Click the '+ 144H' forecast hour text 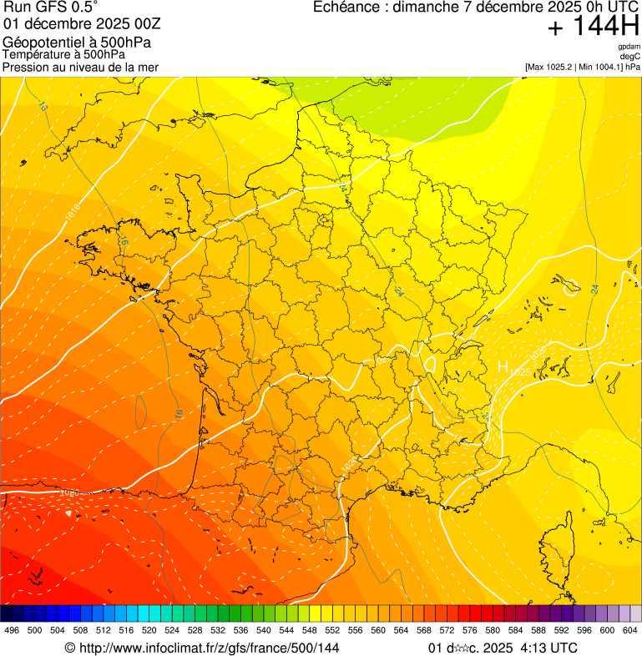[x=593, y=27]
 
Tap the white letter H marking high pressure [x=503, y=366]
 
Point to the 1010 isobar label [x=73, y=212]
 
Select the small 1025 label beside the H [x=519, y=371]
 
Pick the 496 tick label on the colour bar [x=12, y=631]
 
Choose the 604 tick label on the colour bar [x=630, y=631]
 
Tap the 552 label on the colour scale [x=331, y=631]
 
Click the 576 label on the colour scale [x=469, y=631]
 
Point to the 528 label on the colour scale [x=195, y=631]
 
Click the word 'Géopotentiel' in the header [x=37, y=42]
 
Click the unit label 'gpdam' [x=629, y=47]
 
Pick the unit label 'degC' [x=630, y=56]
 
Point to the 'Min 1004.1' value [x=599, y=67]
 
